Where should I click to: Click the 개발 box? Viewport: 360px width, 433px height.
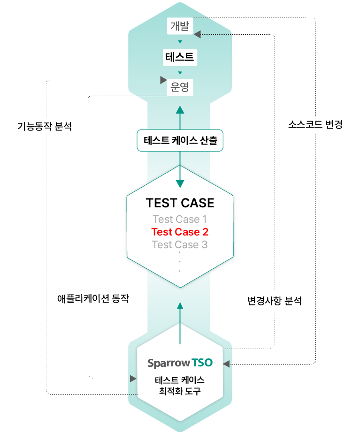[180, 26]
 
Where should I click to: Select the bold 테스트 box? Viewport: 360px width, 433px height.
[180, 58]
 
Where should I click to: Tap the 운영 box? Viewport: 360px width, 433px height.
[180, 88]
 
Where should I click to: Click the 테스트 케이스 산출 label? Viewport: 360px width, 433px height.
[180, 140]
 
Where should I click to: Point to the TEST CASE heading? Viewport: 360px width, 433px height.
[180, 203]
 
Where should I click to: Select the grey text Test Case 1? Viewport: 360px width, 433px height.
[180, 219]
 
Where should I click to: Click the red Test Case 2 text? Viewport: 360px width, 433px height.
[180, 232]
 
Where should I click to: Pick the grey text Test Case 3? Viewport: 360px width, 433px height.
[180, 244]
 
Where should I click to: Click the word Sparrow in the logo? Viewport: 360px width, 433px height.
[169, 363]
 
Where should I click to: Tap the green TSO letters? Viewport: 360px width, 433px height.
[202, 363]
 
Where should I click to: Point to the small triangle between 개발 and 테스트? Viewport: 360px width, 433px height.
[180, 42]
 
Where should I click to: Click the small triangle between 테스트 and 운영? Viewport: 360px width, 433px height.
[180, 73]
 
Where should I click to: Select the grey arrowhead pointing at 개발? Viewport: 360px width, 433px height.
[197, 34]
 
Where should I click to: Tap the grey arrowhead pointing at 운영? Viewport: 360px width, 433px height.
[164, 80]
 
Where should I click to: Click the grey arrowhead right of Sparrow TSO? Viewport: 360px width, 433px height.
[226, 364]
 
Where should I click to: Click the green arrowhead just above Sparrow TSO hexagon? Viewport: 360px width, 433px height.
[180, 306]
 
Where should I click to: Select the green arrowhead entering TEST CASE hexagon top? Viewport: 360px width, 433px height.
[180, 184]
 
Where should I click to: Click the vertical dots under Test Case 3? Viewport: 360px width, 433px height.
[180, 262]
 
